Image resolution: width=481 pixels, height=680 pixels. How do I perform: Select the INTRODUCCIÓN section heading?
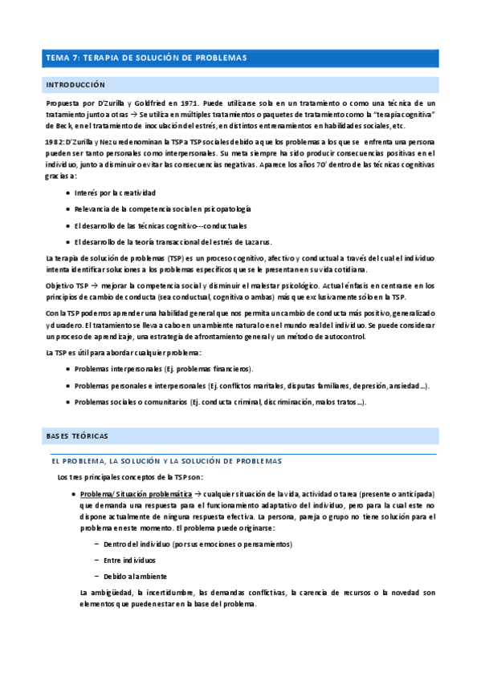point(76,84)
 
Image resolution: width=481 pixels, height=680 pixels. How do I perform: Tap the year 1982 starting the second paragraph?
point(55,141)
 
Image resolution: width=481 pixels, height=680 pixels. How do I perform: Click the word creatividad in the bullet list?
point(136,193)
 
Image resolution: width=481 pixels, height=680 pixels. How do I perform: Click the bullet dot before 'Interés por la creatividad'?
point(66,193)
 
